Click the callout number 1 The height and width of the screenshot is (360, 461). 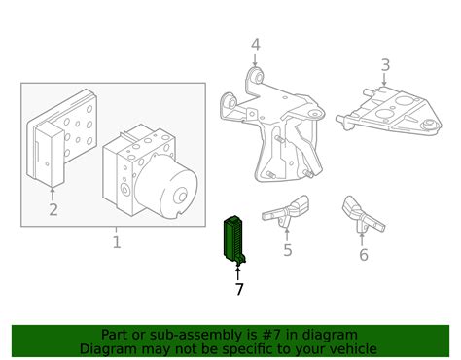point(116,242)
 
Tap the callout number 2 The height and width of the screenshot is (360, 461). point(53,208)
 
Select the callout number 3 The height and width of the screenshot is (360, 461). point(385,65)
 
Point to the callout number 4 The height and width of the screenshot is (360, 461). point(255,44)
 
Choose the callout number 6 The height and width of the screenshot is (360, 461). point(364,255)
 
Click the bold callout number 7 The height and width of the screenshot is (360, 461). point(238,289)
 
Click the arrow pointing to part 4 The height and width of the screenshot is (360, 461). point(255,60)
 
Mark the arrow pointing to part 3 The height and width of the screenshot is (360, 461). point(385,83)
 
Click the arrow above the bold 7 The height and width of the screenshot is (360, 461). point(238,272)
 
